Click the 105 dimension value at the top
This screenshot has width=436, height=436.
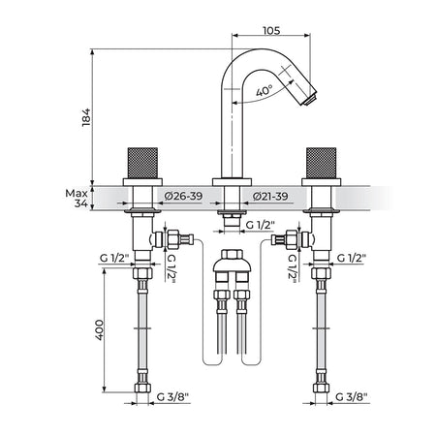(x=271, y=31)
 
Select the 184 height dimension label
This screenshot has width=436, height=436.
(x=86, y=117)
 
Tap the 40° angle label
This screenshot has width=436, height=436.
(x=265, y=91)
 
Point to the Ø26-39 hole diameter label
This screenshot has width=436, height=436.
(x=183, y=196)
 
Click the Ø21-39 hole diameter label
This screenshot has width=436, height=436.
(x=270, y=196)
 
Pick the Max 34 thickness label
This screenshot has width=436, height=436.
(x=77, y=199)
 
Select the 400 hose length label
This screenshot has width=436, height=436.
(x=100, y=329)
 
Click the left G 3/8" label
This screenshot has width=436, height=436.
(x=172, y=397)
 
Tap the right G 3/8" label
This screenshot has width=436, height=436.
(x=352, y=397)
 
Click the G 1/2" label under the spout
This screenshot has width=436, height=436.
(x=260, y=225)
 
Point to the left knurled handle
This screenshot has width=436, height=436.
(x=142, y=163)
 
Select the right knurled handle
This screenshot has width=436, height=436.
(x=321, y=163)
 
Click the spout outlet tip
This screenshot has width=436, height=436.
(x=309, y=99)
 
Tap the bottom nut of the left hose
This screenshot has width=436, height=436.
(x=142, y=388)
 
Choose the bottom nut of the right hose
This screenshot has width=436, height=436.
(x=321, y=388)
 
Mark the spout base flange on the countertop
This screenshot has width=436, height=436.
(x=232, y=182)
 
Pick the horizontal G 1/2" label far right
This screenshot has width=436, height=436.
(x=352, y=259)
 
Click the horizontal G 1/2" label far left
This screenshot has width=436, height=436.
(x=114, y=259)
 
